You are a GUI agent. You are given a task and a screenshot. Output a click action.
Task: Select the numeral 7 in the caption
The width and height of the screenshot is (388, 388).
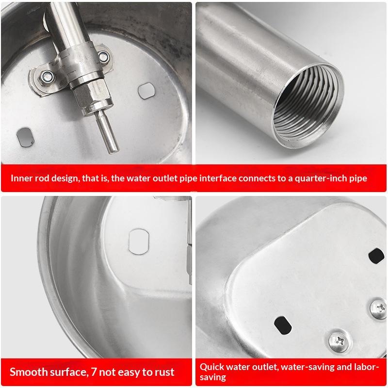[x=94, y=372]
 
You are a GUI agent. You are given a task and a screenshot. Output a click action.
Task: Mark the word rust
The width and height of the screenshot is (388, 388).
[x=164, y=372]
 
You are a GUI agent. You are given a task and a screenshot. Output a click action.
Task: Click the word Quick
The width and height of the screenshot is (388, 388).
[x=212, y=367]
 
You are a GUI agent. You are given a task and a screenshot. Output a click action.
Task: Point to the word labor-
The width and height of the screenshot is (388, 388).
[x=365, y=367]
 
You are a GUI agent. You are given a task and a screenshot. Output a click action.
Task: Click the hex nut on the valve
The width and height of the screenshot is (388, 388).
[x=92, y=95]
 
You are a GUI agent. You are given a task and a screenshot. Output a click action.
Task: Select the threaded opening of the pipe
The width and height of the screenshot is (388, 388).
[x=308, y=106]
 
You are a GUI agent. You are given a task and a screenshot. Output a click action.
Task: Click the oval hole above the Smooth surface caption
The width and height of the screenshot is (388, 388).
[x=139, y=242]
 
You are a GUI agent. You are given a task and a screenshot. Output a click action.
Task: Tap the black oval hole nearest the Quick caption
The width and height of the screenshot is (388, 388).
[x=283, y=325]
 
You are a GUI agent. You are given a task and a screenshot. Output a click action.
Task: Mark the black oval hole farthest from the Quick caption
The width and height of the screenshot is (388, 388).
[x=376, y=256]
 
